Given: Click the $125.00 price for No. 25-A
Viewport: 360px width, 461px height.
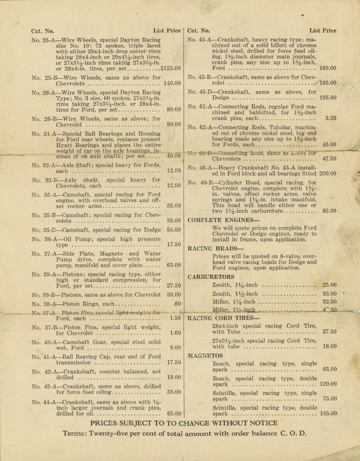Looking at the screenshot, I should pyautogui.click(x=171, y=68).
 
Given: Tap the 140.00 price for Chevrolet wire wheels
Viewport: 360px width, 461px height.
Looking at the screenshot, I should pyautogui.click(x=172, y=83).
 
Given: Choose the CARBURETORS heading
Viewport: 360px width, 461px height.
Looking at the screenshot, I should pyautogui.click(x=211, y=277).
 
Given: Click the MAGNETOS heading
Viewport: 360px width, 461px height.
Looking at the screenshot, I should pyautogui.click(x=205, y=356).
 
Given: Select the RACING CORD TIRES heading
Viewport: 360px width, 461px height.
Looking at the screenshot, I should pyautogui.click(x=224, y=318).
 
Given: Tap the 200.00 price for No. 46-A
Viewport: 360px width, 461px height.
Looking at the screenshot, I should pyautogui.click(x=328, y=174).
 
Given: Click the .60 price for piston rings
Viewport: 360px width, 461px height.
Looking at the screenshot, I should pyautogui.click(x=177, y=304).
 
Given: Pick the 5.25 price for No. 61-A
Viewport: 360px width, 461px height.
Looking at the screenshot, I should pyautogui.click(x=331, y=118).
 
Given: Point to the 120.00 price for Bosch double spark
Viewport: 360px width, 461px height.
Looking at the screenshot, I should pyautogui.click(x=328, y=384).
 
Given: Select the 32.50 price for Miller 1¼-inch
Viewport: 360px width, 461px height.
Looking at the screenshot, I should pyautogui.click(x=329, y=302).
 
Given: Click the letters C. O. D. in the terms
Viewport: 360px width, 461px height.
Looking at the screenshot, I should pyautogui.click(x=293, y=434).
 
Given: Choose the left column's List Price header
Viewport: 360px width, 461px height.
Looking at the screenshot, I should pyautogui.click(x=167, y=31).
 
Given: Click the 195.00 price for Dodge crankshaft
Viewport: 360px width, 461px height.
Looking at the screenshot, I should pyautogui.click(x=328, y=98).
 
